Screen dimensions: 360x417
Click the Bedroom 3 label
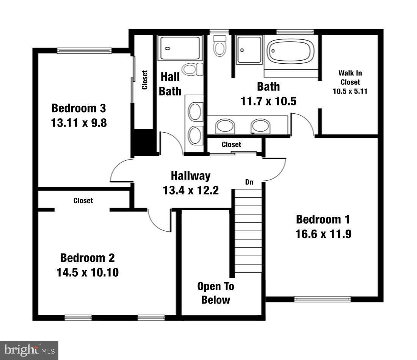click(78, 108)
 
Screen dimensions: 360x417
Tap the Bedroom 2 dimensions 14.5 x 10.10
click(88, 272)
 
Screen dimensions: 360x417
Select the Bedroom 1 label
click(323, 219)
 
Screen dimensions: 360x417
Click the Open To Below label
click(216, 293)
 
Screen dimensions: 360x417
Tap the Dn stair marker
click(249, 182)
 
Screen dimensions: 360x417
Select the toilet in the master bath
click(219, 45)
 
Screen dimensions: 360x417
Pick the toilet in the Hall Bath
click(191, 69)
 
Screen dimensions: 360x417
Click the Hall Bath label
click(170, 84)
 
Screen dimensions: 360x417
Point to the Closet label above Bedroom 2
click(83, 200)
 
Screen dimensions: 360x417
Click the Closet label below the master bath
click(231, 144)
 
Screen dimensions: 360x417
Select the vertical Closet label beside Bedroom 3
click(144, 80)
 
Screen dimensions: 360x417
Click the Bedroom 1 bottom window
click(323, 299)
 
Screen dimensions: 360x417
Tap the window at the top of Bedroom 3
click(84, 50)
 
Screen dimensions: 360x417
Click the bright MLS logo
click(29, 349)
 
